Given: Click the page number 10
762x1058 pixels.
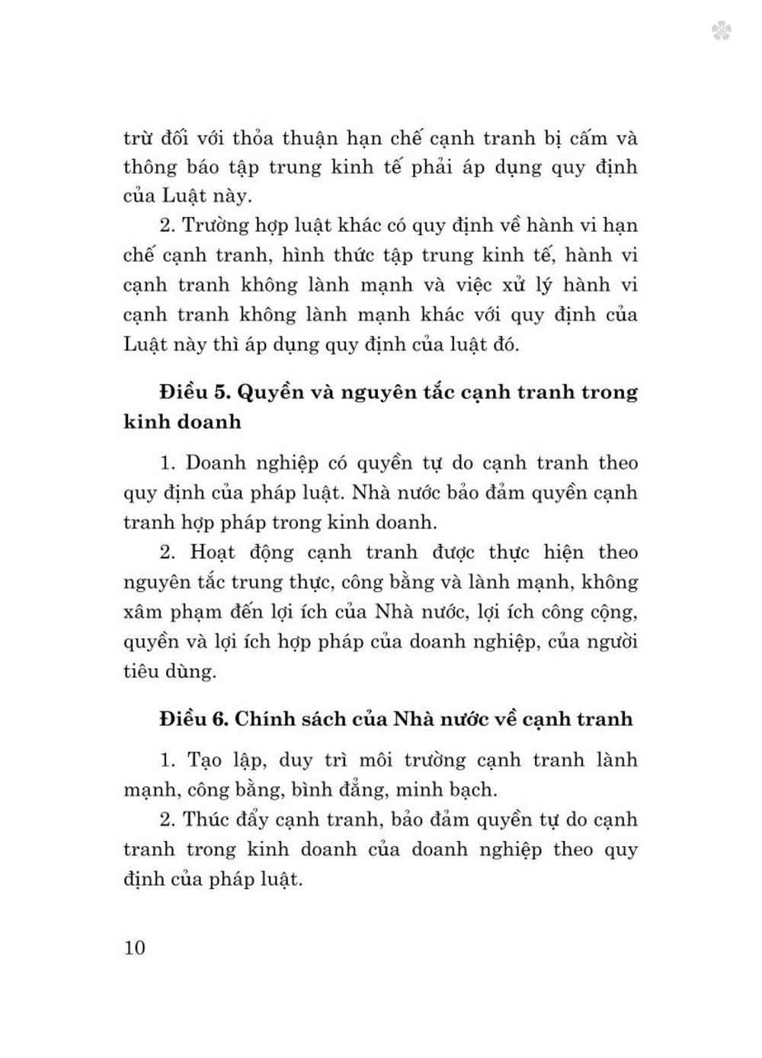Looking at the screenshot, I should coord(134,948).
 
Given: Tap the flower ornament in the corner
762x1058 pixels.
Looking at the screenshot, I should coord(722,31).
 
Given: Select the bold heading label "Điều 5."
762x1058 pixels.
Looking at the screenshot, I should coord(195,392).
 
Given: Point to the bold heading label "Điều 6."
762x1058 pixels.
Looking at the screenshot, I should coord(194,719).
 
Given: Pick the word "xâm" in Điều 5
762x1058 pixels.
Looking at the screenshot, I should coord(142,612).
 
